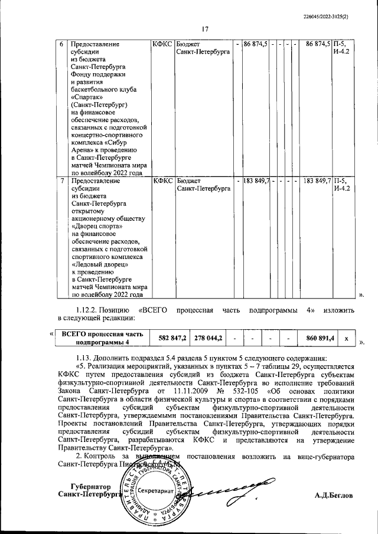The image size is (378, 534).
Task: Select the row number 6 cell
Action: pyautogui.click(x=63, y=44)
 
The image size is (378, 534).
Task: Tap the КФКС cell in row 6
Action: pyautogui.click(x=162, y=44)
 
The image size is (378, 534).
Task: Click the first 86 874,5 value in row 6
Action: pyautogui.click(x=256, y=44)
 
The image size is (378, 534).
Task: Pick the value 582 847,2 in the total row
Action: pyautogui.click(x=172, y=338)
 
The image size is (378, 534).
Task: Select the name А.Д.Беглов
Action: pyautogui.click(x=334, y=496)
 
